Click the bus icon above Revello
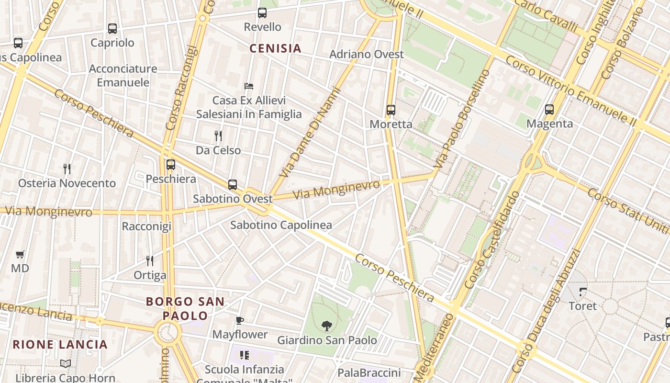[262, 13]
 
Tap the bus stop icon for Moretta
[391, 110]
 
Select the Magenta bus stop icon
[549, 110]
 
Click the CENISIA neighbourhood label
[276, 48]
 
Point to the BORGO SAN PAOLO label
[185, 308]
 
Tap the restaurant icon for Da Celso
[218, 136]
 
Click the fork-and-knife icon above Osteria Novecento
[67, 169]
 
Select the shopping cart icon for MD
[20, 254]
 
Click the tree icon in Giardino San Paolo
[327, 326]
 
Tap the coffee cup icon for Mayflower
[240, 320]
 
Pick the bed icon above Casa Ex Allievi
[249, 86]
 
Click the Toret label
[582, 306]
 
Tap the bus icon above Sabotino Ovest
[233, 184]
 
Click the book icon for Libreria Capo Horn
[66, 364]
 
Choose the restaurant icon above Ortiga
[150, 261]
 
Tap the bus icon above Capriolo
[112, 29]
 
